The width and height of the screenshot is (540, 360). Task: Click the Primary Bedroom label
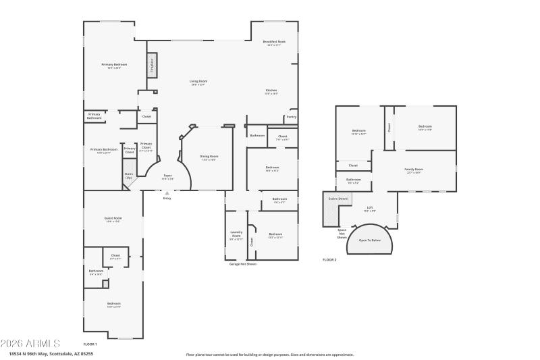115,66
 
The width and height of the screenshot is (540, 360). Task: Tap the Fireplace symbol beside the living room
152,66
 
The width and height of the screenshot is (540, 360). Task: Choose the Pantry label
291,117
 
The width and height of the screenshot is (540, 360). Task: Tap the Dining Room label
209,157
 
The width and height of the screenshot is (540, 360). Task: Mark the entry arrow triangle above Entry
167,192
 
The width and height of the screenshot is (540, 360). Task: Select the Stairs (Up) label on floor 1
128,176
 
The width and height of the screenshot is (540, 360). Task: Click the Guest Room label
113,219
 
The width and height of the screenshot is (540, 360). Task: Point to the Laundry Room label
236,234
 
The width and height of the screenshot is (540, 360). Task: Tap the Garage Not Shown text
243,264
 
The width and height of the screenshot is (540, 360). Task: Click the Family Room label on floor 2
413,170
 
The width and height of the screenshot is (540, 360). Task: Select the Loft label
369,208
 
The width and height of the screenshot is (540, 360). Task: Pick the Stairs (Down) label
337,199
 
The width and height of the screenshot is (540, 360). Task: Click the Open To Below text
369,240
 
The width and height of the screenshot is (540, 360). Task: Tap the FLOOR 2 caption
329,259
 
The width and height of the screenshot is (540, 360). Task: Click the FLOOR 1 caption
90,344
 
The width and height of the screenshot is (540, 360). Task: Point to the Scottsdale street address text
51,353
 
